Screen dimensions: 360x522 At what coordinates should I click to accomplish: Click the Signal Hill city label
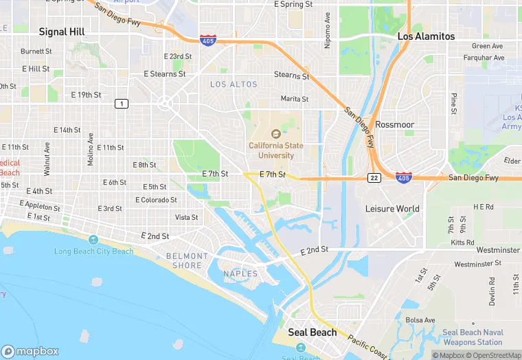[62, 32]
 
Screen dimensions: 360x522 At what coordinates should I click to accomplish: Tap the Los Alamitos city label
[426, 36]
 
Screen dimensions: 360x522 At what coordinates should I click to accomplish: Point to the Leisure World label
[392, 208]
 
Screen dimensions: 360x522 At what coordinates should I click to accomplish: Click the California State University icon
[275, 134]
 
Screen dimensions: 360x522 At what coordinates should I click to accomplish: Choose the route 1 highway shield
[121, 103]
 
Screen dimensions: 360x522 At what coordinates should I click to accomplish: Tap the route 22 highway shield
[374, 178]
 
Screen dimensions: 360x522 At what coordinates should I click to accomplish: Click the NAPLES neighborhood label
[240, 274]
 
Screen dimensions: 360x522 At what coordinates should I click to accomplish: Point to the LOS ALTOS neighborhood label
[234, 85]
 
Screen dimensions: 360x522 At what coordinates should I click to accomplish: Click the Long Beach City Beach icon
[93, 239]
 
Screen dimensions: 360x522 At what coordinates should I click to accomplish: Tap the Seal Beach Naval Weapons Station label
[473, 337]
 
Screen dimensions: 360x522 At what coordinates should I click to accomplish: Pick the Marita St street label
[294, 99]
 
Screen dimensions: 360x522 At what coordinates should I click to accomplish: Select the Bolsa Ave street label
[420, 320]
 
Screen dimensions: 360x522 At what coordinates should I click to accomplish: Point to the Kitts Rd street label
[464, 243]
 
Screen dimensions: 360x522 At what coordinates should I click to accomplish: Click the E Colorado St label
[155, 200]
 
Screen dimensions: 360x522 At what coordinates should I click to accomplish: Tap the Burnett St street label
[36, 52]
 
